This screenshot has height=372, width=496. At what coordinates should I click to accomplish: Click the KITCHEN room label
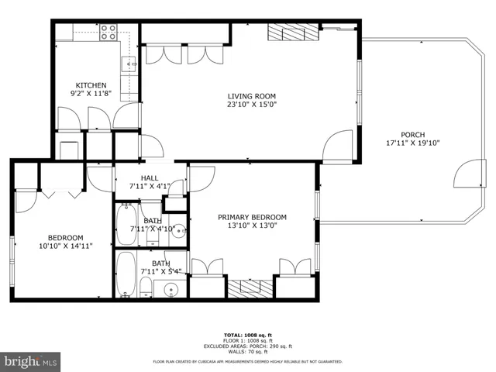(90, 85)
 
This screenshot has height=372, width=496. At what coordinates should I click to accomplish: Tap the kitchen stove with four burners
(108, 33)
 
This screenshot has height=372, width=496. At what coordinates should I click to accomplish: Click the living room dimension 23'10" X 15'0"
(251, 105)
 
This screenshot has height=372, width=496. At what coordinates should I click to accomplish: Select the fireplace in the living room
(293, 33)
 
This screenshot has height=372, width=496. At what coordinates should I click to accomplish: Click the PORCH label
(412, 134)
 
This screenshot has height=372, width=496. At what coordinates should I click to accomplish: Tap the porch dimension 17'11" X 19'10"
(412, 143)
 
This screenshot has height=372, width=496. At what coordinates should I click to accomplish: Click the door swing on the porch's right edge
(467, 174)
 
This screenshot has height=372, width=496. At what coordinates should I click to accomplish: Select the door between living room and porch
(339, 145)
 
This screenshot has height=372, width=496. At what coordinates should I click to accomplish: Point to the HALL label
(149, 177)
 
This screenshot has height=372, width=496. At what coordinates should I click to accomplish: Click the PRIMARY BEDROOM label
(252, 217)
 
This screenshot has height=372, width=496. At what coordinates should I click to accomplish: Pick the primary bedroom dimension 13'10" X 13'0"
(252, 226)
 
